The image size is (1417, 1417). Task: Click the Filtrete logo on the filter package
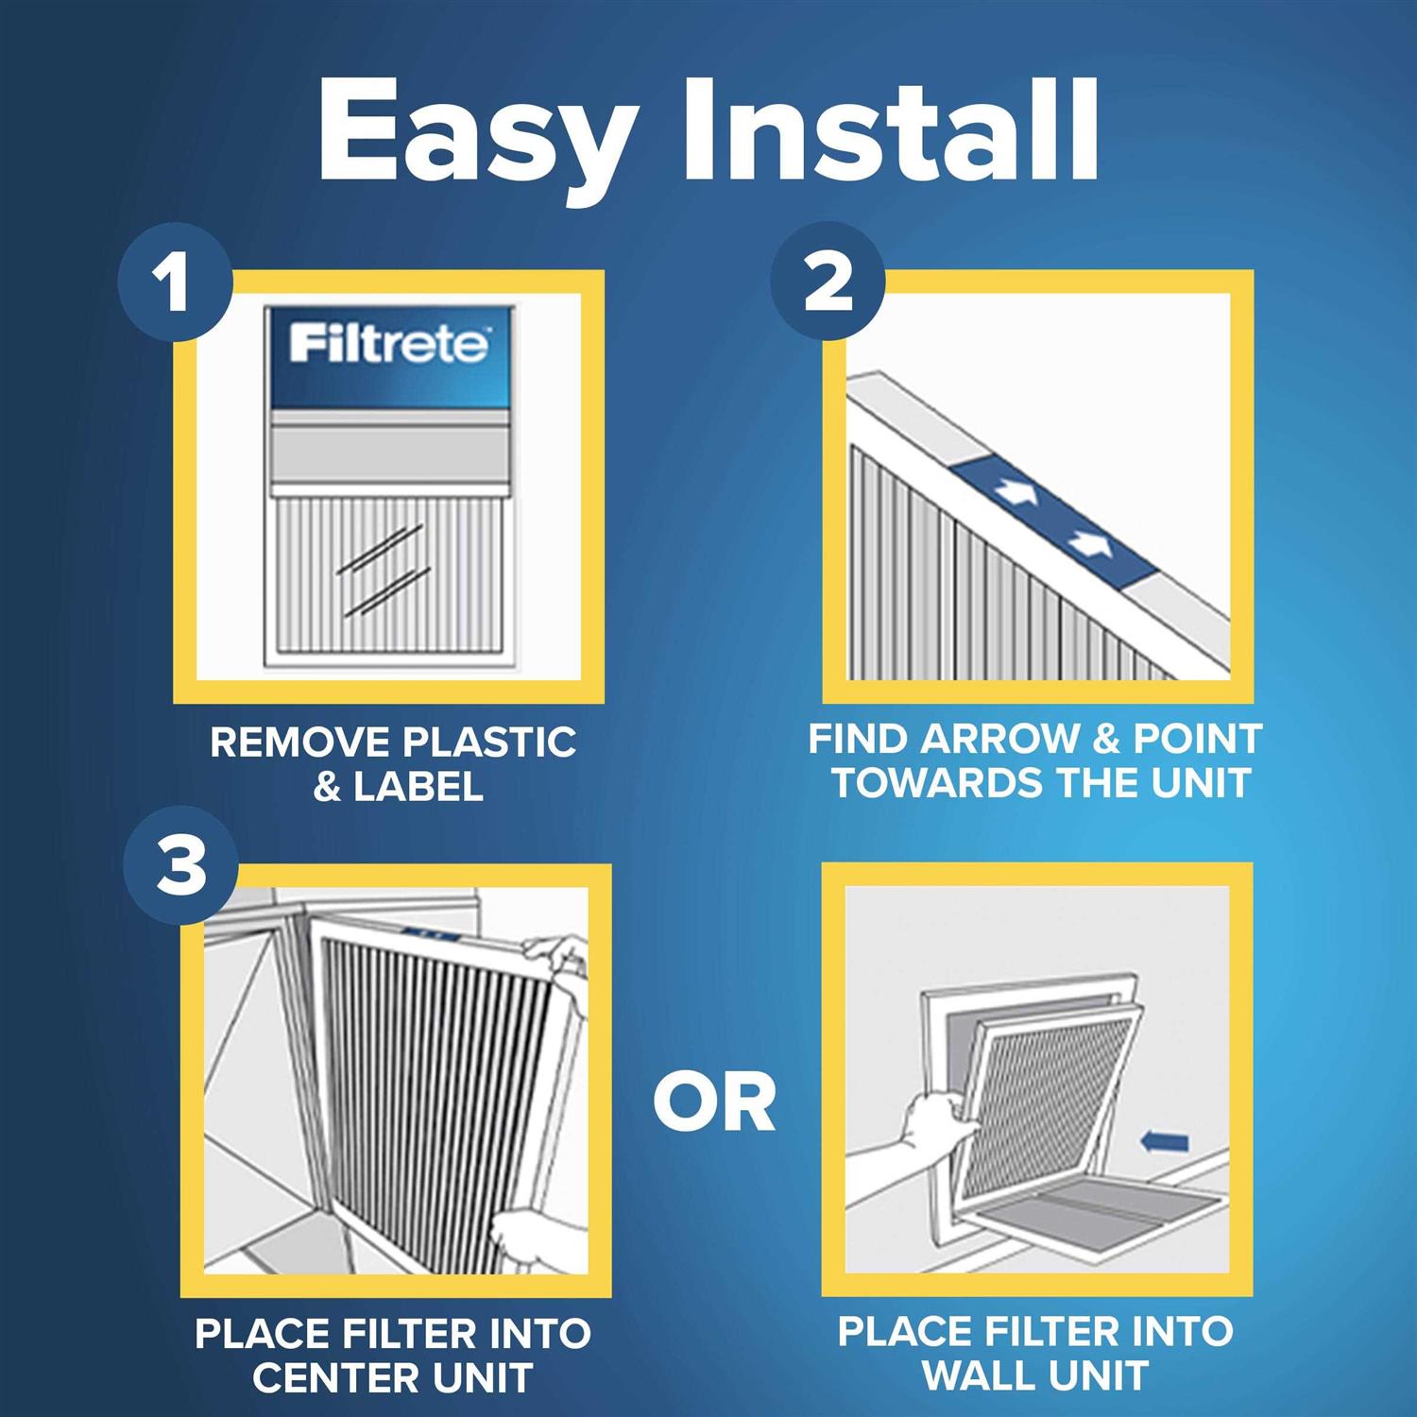tap(389, 344)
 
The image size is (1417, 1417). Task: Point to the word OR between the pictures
tap(714, 1102)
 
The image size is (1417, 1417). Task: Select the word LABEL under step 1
tap(418, 787)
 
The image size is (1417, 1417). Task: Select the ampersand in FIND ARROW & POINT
tap(1104, 739)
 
